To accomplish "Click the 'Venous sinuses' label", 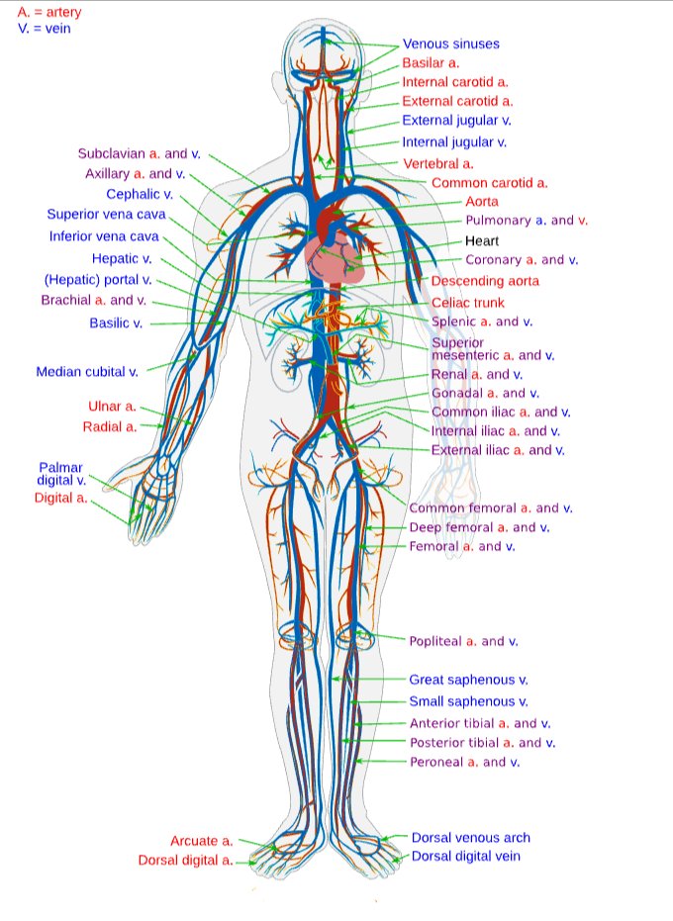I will click(450, 45).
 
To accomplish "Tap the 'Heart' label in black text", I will click(482, 241).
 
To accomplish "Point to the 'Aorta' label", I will click(482, 202).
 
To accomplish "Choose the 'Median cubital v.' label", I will click(87, 372).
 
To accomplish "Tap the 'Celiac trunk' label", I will click(468, 303).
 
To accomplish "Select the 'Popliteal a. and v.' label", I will click(463, 641).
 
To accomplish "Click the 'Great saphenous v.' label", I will click(468, 680).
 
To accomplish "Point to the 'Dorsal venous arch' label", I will click(470, 838).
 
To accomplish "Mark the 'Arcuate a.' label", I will click(201, 841).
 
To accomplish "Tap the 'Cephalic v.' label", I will click(140, 194).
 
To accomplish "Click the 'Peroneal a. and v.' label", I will click(464, 762).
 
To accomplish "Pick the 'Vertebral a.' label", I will click(437, 163).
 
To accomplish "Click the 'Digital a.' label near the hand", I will click(60, 498).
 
